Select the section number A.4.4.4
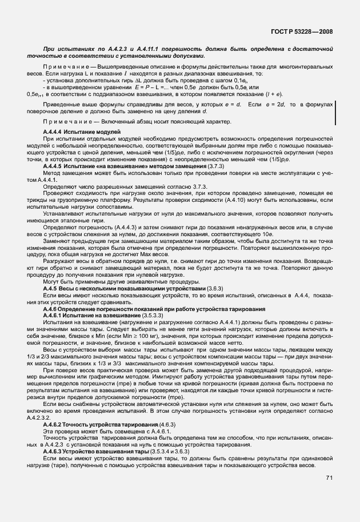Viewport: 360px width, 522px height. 55,132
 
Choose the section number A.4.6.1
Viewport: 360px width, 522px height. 55,314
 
